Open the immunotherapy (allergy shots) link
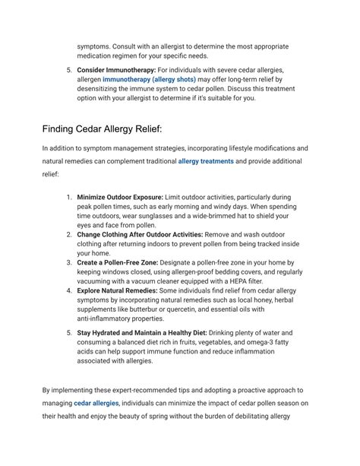coord(150,79)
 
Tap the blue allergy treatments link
coord(206,161)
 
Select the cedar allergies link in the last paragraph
coord(96,403)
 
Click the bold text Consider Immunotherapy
coord(112,69)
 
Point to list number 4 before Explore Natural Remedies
coord(68,291)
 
